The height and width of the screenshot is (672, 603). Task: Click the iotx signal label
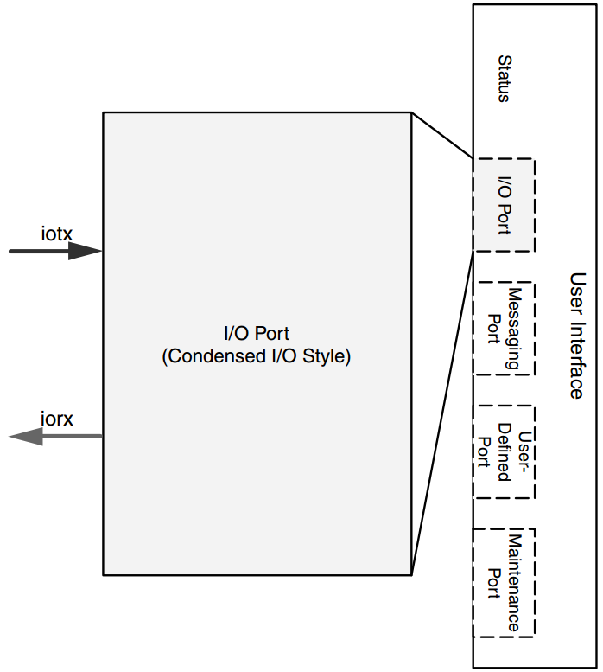click(x=57, y=233)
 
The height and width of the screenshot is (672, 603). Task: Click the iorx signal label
click(x=57, y=419)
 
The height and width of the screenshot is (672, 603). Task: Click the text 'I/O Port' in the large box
click(x=257, y=333)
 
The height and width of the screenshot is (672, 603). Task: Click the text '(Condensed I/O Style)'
click(x=257, y=356)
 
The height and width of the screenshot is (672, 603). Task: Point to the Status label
click(x=504, y=79)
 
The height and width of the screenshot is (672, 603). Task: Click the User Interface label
click(x=577, y=336)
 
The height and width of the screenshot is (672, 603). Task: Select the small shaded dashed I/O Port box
click(x=504, y=205)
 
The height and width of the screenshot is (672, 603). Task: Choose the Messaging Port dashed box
click(x=505, y=328)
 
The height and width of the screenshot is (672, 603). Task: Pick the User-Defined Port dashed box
click(x=505, y=451)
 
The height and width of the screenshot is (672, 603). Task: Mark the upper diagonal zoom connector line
click(x=441, y=136)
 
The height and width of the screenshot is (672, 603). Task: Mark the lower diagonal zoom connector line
click(x=442, y=412)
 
